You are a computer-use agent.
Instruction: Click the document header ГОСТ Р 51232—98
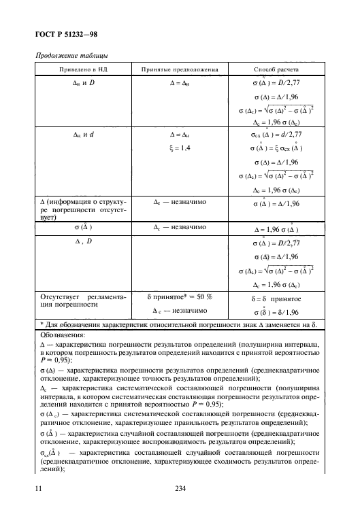(x=65, y=34)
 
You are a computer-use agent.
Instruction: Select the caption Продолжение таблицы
(x=65, y=56)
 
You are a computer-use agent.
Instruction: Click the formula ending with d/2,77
(x=276, y=135)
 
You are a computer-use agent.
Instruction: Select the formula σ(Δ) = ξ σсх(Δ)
(x=276, y=148)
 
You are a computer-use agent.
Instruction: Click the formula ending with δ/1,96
(x=276, y=311)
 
